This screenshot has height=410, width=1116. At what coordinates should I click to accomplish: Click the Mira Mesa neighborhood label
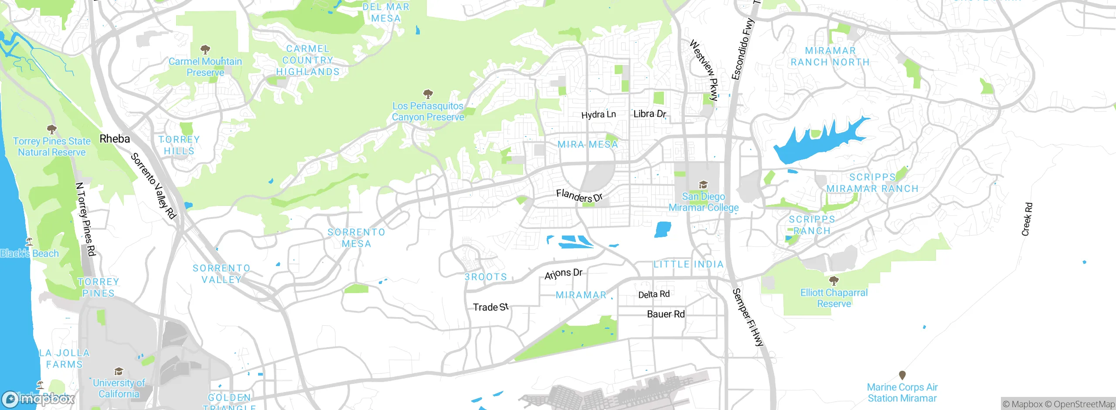(588, 144)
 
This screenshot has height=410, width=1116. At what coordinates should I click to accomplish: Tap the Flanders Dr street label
(579, 196)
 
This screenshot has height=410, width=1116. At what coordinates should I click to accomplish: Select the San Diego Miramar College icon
(703, 184)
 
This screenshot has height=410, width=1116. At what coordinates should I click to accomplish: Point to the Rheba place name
(115, 139)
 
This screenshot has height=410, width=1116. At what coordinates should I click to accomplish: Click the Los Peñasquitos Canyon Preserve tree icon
(428, 94)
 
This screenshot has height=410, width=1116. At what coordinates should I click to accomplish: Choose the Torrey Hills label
(179, 145)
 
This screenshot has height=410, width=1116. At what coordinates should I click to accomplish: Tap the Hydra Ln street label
(599, 115)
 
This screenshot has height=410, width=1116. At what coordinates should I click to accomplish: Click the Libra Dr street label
(650, 114)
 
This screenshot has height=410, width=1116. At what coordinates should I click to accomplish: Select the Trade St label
(491, 307)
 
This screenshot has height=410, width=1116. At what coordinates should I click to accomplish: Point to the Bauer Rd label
(666, 314)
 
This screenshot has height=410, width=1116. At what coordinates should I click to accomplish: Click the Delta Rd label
(653, 294)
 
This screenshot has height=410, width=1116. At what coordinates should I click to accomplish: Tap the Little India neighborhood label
(688, 264)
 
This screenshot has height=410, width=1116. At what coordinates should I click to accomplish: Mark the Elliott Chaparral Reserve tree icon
(834, 280)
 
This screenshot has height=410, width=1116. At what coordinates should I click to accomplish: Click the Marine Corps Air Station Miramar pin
(902, 375)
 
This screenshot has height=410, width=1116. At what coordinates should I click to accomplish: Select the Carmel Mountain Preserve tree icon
(205, 49)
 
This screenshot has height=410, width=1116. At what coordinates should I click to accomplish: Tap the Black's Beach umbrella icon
(29, 241)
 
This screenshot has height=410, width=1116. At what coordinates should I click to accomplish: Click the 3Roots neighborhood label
(486, 277)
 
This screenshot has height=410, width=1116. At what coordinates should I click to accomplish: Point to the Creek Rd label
(1027, 219)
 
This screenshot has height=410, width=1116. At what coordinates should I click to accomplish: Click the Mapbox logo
(38, 399)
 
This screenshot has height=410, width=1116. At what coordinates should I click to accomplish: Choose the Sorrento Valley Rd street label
(153, 185)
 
